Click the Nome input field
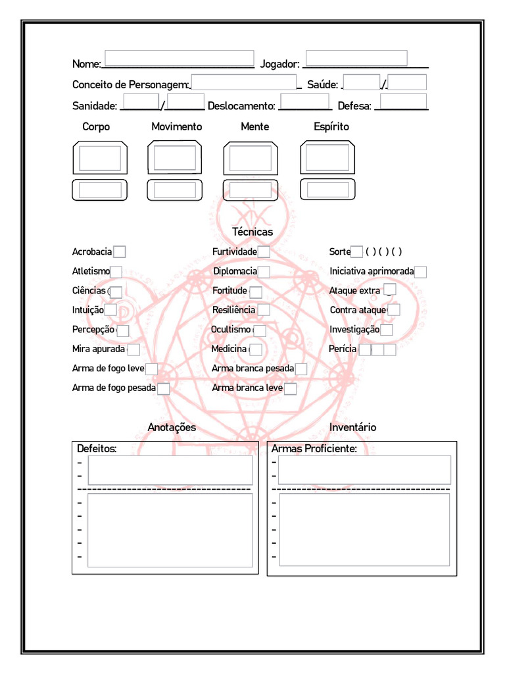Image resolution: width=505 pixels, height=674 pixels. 179,58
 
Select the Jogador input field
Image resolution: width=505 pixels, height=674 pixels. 356,58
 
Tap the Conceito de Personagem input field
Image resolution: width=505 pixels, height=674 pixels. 243,82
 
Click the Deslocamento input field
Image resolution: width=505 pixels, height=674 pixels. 305,103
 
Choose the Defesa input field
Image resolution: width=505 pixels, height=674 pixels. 404,102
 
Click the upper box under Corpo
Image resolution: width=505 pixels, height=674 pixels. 100,158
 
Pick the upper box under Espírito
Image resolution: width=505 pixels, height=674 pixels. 327,158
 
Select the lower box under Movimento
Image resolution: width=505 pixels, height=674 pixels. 175,190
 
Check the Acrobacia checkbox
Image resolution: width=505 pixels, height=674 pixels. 120,251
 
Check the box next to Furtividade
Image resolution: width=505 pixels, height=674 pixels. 264,251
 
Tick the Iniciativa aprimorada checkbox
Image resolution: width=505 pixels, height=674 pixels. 421,272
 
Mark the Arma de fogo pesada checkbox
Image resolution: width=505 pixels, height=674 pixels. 164,388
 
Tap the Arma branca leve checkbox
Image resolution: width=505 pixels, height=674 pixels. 290,388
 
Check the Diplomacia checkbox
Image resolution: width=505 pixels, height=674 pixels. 264,272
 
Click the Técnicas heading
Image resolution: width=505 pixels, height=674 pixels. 252,232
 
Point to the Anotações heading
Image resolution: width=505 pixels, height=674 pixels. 172,428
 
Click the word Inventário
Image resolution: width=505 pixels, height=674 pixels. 352,428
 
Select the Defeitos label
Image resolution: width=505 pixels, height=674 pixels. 97,449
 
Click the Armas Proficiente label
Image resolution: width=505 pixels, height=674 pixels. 314,449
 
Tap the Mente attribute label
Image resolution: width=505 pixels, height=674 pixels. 254,126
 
